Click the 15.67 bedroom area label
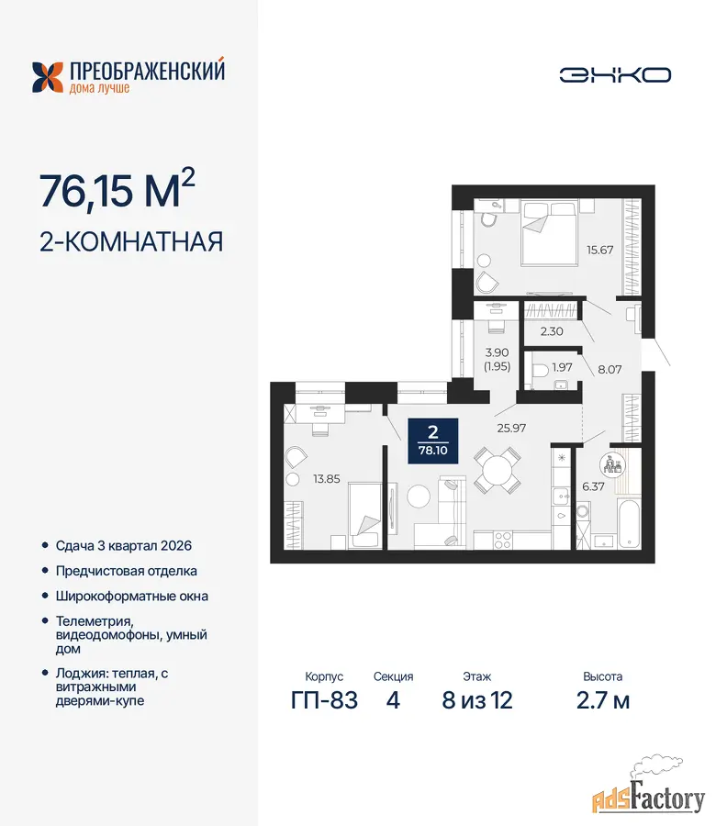(600, 250)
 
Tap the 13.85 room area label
(327, 479)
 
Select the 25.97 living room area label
(511, 428)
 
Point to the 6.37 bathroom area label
(593, 486)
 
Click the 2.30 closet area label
(552, 331)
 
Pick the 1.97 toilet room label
(562, 366)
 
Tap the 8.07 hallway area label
(610, 369)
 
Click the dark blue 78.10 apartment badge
(433, 441)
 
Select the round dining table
(498, 470)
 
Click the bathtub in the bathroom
(630, 524)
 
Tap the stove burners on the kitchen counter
(503, 541)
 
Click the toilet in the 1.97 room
(540, 372)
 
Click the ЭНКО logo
(615, 75)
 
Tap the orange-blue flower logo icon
(48, 77)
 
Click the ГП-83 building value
(324, 700)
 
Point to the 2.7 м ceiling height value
(603, 700)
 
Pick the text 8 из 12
(476, 700)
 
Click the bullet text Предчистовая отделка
(127, 571)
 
